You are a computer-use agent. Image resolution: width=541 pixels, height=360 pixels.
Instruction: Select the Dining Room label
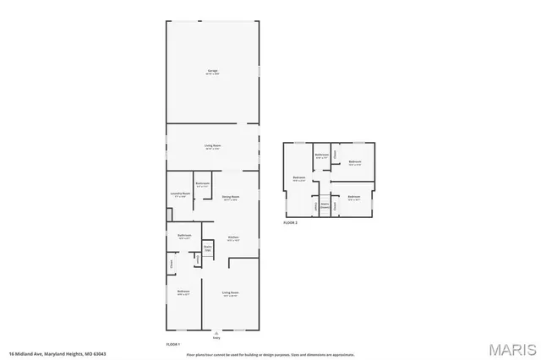[230, 199]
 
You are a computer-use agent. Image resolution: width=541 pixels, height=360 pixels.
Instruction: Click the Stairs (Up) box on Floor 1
[207, 248]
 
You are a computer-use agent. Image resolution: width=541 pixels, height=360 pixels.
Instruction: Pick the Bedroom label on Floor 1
[183, 292]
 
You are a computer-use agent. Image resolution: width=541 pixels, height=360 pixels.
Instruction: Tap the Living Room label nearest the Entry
[229, 293]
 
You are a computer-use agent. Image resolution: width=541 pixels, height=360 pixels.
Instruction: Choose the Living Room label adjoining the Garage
[212, 147]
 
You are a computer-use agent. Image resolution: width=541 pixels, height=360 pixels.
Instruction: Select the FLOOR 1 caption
[172, 345]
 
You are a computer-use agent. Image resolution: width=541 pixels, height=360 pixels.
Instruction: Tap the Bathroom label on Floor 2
[322, 155]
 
